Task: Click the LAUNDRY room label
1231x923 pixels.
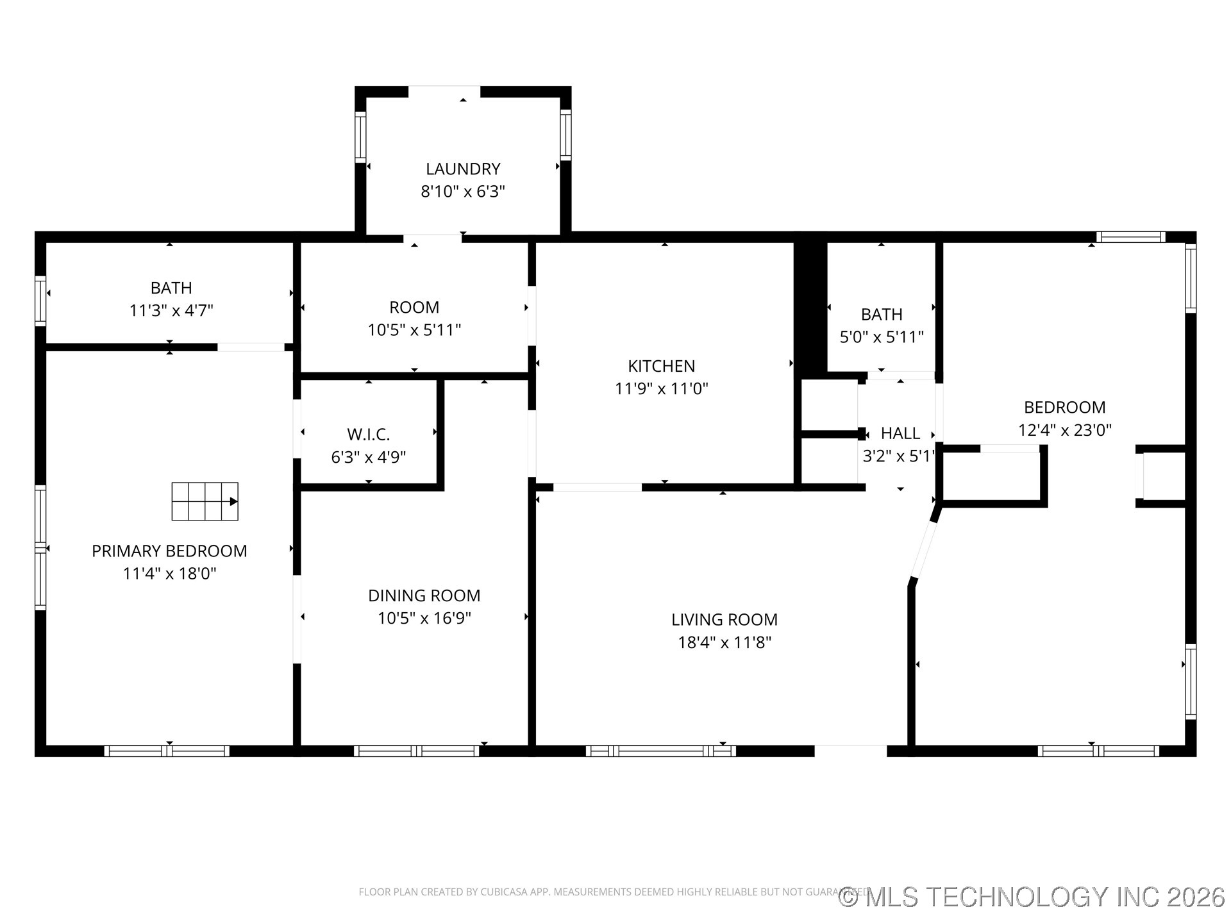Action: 463,169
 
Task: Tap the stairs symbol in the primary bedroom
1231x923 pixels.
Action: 205,501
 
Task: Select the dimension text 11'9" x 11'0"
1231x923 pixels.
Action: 661,388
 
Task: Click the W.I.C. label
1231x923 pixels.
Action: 369,435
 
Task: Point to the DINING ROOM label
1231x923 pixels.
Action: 424,595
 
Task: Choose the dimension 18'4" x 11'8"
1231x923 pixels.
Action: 724,642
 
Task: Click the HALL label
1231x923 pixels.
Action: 900,433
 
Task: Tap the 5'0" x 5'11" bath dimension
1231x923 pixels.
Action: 882,337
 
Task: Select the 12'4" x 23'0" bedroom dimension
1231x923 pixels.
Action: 1064,430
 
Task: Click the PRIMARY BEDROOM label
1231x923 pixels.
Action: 169,551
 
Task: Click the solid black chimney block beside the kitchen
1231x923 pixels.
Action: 810,308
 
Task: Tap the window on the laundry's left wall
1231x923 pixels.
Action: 360,137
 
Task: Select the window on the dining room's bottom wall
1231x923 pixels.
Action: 416,751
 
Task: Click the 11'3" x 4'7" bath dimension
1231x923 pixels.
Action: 171,311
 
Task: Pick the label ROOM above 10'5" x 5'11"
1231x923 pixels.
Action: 414,307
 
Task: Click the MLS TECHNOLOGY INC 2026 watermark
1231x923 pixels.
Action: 1032,897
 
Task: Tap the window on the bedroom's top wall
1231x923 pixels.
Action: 1130,237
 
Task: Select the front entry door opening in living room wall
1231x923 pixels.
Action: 851,751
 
